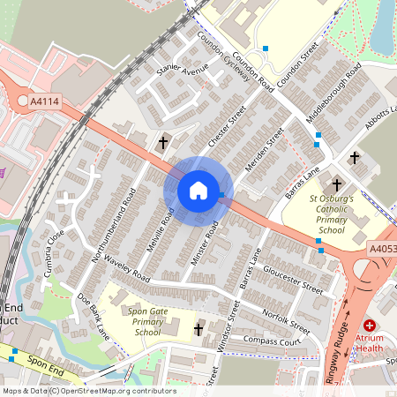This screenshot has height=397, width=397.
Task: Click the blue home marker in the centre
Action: point(198,190)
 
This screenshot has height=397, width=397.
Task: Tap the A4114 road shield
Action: point(45,102)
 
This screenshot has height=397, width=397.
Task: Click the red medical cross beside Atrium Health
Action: point(369,326)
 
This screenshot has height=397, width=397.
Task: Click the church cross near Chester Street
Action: point(163,142)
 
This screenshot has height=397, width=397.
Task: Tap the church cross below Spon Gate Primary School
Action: point(198,329)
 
